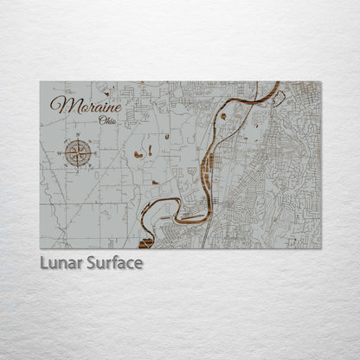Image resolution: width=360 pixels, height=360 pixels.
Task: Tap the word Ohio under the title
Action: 109,120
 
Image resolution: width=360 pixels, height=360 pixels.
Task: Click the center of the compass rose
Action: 78,153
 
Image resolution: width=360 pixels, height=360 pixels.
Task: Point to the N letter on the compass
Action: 78,137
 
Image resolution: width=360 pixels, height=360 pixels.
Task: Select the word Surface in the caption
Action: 114,262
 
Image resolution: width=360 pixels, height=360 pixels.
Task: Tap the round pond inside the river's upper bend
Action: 223,114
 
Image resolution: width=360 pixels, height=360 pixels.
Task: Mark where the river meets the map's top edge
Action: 278,83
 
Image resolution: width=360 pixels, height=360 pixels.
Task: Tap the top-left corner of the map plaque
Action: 41,82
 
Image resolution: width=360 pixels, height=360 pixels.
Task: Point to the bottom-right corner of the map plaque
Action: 320,248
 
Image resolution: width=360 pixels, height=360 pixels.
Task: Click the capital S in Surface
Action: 93,262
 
